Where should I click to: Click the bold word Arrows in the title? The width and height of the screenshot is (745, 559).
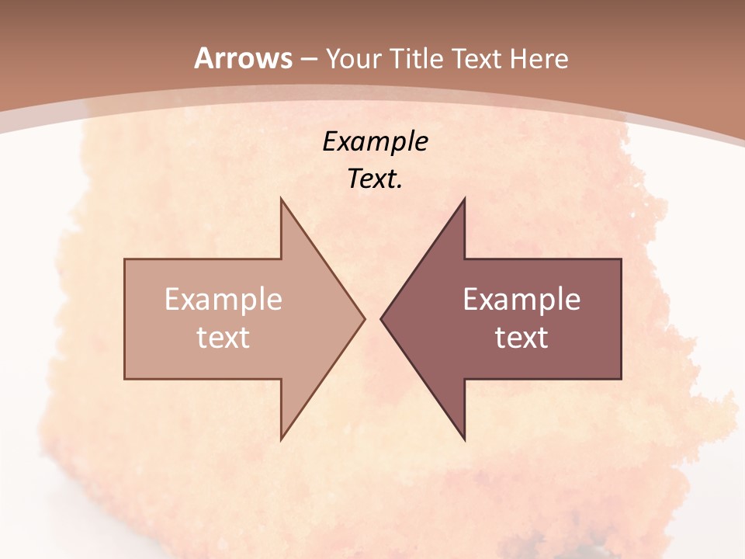244,58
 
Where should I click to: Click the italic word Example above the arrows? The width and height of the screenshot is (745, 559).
376,141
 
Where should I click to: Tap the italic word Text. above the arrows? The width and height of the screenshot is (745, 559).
376,179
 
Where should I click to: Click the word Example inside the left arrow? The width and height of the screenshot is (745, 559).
223,300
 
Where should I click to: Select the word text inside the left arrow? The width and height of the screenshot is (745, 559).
223,338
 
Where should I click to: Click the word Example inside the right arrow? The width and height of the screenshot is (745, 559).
521,300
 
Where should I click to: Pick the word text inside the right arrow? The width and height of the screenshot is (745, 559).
521,338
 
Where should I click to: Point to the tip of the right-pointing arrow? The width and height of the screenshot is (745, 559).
365,318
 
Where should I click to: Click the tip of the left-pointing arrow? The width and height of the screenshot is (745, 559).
381,318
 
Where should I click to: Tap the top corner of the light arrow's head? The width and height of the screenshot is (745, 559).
281,199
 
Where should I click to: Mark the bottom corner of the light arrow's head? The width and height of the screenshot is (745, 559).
281,439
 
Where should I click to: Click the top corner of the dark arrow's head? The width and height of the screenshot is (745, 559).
465,199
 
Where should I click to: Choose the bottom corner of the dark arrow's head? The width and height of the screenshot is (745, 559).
465,439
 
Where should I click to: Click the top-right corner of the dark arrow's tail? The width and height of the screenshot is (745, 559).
621,259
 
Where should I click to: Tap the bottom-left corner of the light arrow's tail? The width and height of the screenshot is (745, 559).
125,379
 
